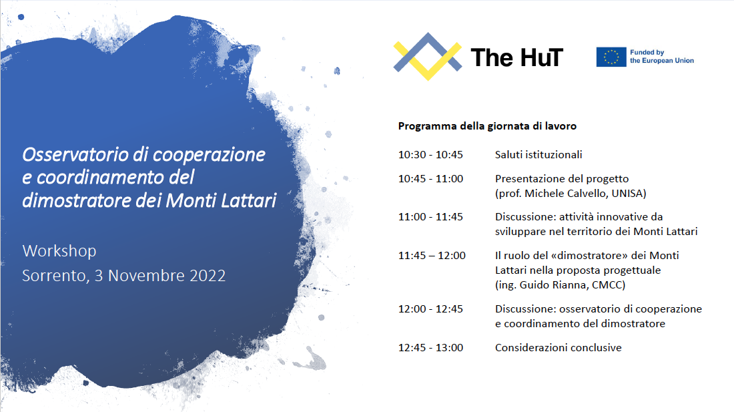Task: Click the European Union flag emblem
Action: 611,57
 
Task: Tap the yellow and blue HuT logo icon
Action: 427,56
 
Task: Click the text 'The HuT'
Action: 516,57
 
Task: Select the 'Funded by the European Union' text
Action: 661,57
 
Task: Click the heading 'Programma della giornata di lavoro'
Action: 487,126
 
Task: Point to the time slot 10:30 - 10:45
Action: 430,154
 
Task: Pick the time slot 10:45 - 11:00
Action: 430,178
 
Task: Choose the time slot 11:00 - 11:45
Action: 430,217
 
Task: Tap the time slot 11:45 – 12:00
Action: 432,255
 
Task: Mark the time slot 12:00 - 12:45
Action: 430,309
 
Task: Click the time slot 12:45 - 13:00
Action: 430,347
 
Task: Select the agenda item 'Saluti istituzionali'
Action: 538,154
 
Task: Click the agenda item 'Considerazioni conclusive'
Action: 559,347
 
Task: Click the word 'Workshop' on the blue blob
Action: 59,251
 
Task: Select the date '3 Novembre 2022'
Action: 160,275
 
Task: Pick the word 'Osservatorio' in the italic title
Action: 75,154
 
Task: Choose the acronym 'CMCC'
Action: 607,284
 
